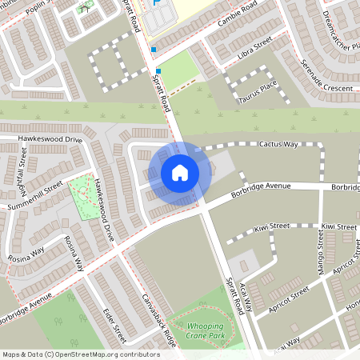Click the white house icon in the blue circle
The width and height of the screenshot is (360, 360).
[x=179, y=172]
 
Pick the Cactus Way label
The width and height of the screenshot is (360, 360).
[x=278, y=144]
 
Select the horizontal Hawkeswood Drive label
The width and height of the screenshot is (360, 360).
[x=52, y=139]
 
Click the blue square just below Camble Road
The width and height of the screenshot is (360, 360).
[x=153, y=50]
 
